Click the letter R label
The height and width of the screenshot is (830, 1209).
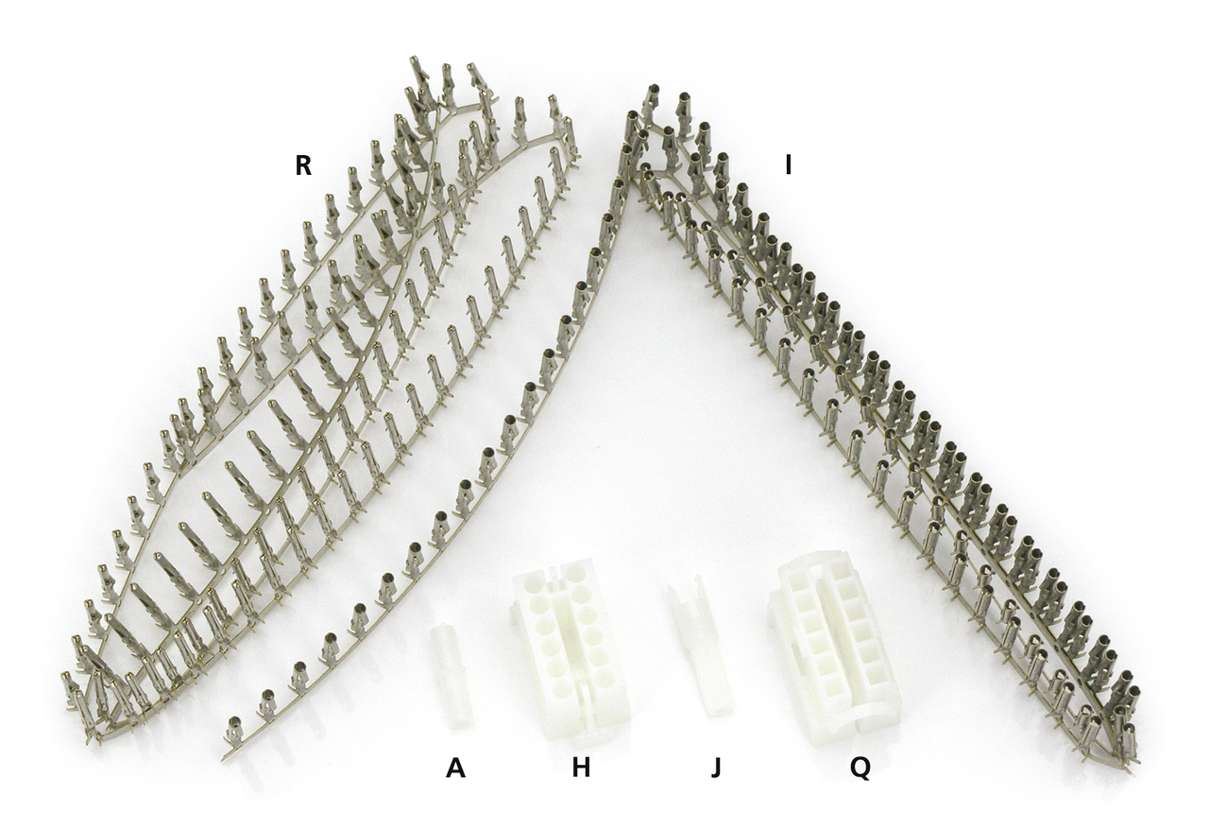303,165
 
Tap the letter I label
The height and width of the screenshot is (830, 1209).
788,165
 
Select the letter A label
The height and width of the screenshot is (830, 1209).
455,768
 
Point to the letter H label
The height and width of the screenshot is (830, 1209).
581,768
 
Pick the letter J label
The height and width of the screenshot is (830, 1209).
716,768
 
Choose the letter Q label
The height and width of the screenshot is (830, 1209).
860,769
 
